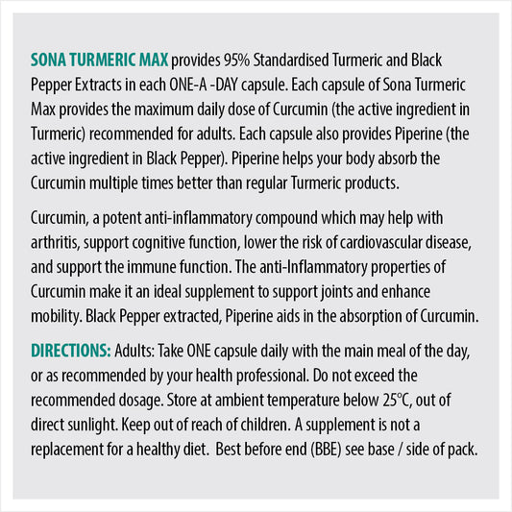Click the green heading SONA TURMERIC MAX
tap(101, 60)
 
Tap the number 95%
tap(237, 60)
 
